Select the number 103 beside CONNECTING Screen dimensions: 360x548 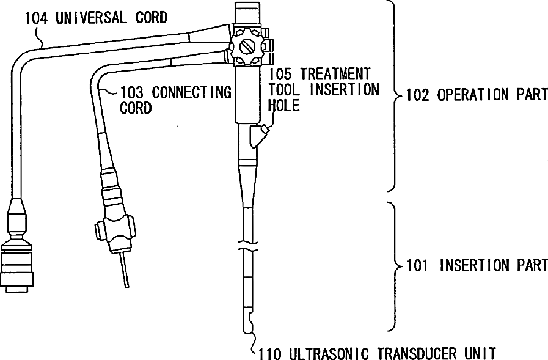[x=132, y=93]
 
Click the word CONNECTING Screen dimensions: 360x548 [x=191, y=93]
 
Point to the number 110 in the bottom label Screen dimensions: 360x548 [x=270, y=353]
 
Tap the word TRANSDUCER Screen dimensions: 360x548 [x=417, y=353]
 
